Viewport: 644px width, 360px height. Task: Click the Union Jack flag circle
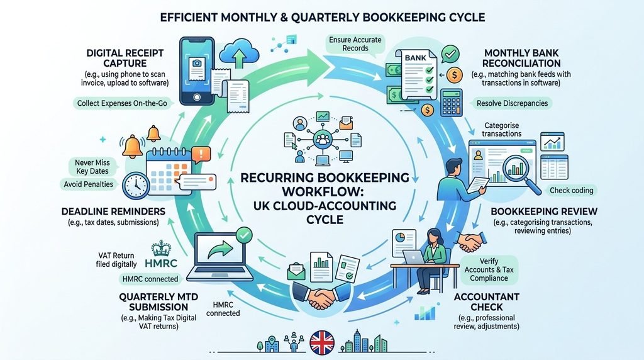click(x=321, y=342)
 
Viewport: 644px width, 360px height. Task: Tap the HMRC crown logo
click(x=160, y=248)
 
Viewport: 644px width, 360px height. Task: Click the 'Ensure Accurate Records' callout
click(x=355, y=44)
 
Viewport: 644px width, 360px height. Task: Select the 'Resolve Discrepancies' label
click(x=512, y=103)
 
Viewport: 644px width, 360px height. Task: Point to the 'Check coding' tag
click(x=571, y=190)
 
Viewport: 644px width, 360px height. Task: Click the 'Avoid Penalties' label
click(x=88, y=184)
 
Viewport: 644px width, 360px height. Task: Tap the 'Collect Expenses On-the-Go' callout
click(x=122, y=103)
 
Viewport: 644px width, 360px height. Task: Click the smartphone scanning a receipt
click(x=197, y=71)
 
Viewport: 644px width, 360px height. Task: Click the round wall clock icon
click(x=136, y=186)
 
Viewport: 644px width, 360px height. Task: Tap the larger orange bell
click(x=133, y=146)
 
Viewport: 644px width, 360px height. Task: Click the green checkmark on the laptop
click(x=245, y=235)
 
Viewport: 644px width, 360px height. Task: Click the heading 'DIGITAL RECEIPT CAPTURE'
click(x=125, y=58)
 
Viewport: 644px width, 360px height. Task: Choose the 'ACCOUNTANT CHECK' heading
click(x=486, y=301)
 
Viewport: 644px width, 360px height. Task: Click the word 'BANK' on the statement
click(x=415, y=58)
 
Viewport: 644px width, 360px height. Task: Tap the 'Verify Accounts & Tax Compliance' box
click(x=489, y=269)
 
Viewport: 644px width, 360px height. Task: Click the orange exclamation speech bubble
click(x=201, y=155)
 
